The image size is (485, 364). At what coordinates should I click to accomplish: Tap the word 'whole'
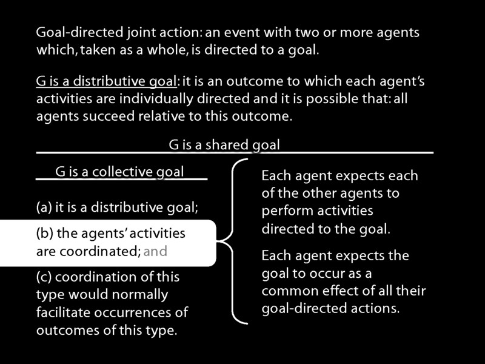(x=167, y=50)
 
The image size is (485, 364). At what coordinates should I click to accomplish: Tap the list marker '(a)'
(x=44, y=207)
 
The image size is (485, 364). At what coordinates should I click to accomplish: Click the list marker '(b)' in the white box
(x=44, y=233)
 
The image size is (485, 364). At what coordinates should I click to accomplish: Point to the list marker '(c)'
(x=44, y=277)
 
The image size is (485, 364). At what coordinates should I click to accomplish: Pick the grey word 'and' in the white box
(x=155, y=251)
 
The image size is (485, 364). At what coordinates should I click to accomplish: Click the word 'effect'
(x=341, y=291)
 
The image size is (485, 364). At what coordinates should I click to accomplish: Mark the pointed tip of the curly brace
(x=217, y=241)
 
